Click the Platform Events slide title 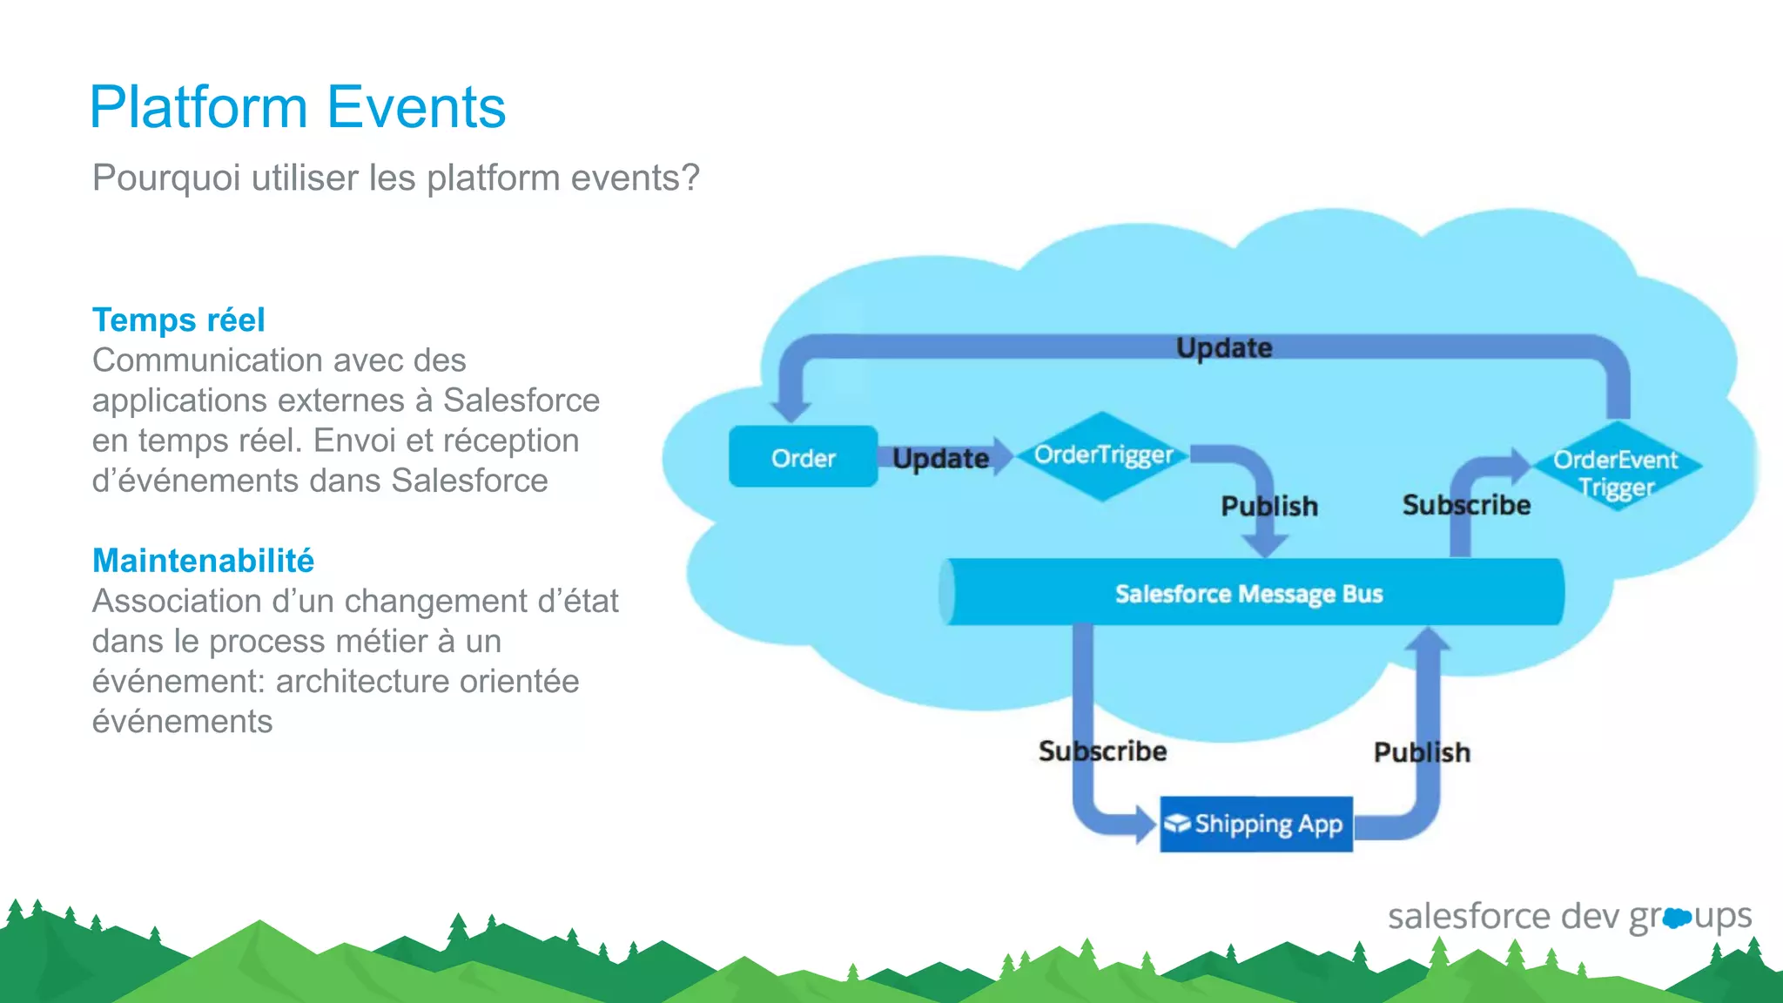click(x=298, y=108)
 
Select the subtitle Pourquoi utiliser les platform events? click(x=396, y=178)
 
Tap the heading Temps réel click(x=178, y=320)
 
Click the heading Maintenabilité click(x=203, y=561)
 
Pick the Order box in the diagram click(x=803, y=457)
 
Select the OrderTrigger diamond click(x=1103, y=455)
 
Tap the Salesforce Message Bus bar click(x=1249, y=594)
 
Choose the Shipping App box click(x=1256, y=824)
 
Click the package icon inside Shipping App click(x=1178, y=823)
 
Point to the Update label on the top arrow click(x=1224, y=348)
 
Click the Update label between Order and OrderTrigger click(x=940, y=459)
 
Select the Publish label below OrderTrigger click(x=1269, y=507)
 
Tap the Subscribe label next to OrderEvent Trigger click(x=1466, y=505)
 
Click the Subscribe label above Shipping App click(x=1102, y=751)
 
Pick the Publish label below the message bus click(x=1422, y=752)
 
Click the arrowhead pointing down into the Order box click(x=791, y=410)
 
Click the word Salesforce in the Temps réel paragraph click(x=521, y=401)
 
